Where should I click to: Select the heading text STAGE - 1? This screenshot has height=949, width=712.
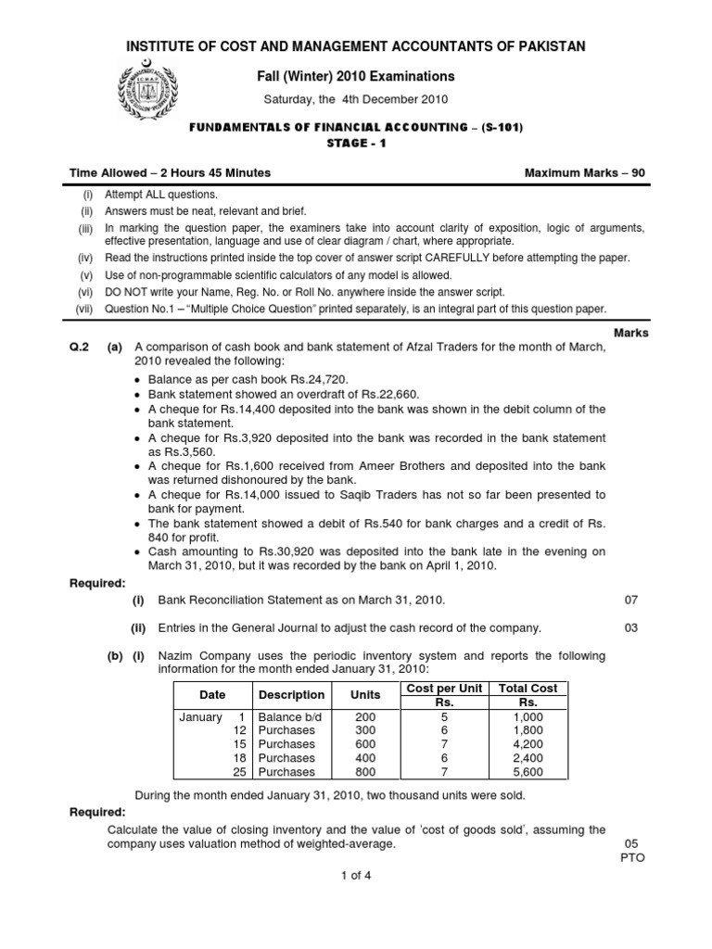pos(356,144)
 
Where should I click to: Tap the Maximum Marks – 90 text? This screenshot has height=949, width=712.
pos(585,173)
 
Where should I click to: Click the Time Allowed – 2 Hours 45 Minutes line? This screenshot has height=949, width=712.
pos(171,173)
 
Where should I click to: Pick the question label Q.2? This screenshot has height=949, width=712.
pos(83,347)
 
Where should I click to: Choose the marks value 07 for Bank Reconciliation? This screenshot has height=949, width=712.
pos(633,601)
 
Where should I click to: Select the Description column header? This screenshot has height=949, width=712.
pos(291,694)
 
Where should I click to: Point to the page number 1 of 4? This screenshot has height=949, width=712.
pos(356,872)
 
